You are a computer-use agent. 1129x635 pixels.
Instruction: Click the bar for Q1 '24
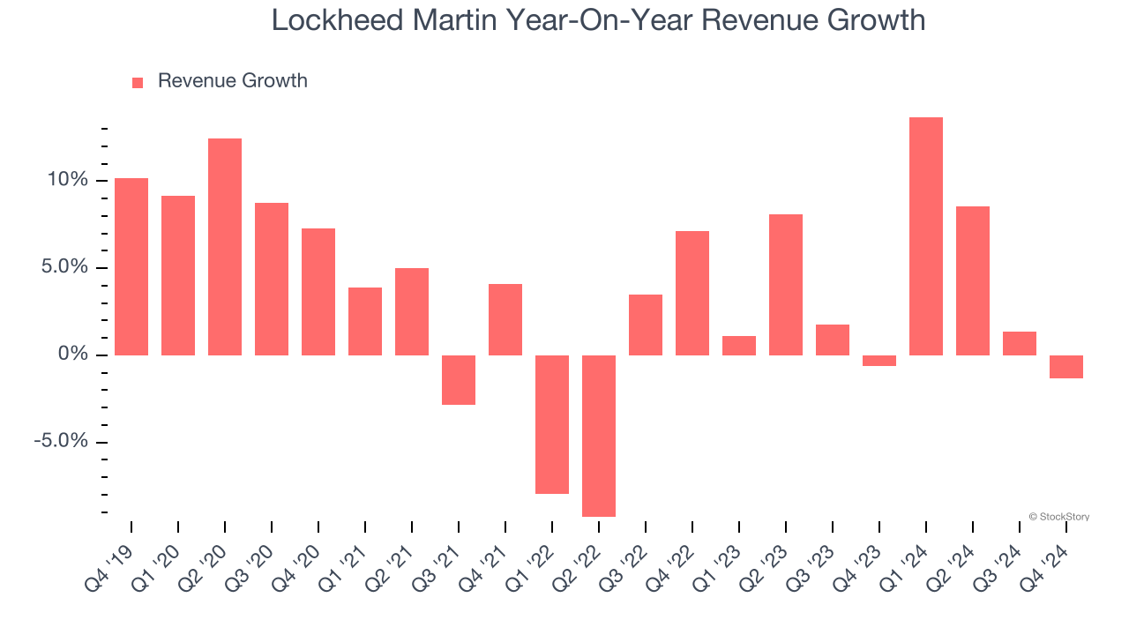point(925,236)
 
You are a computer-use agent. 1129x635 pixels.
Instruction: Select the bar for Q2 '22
point(598,436)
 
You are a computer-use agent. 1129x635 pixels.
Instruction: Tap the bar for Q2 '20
point(224,247)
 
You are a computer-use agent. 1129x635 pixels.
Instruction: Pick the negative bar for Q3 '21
point(458,380)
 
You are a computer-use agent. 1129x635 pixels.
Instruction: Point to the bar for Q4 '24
point(1065,367)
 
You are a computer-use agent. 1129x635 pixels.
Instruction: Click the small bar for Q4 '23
point(879,361)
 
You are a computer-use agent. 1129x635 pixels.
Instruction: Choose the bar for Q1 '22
point(551,424)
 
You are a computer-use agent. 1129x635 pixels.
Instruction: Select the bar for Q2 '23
point(785,285)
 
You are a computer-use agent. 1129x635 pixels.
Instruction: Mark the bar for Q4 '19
point(131,266)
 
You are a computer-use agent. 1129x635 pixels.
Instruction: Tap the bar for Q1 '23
point(738,346)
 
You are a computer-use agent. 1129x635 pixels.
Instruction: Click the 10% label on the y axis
point(68,180)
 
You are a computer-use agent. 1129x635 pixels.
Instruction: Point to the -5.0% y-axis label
point(61,441)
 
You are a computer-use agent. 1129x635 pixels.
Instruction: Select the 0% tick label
point(74,355)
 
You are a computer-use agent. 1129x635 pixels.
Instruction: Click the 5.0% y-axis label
point(64,267)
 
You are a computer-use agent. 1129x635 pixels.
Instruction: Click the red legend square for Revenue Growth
point(138,83)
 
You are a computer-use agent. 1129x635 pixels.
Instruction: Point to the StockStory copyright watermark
point(1058,517)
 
